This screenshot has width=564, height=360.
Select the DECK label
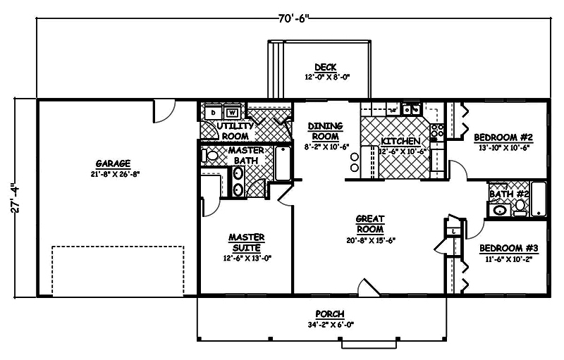tap(325, 67)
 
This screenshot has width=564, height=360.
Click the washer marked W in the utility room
tap(232, 112)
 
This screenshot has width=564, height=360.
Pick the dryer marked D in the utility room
tap(214, 112)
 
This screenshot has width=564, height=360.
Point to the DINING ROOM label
tap(325, 130)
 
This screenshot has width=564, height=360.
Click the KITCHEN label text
tap(400, 141)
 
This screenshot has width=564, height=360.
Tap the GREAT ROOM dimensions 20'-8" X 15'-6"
tap(370, 240)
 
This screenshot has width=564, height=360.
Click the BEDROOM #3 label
tap(508, 248)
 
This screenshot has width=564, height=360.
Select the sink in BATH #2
tap(500, 209)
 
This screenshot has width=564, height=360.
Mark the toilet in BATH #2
tap(520, 206)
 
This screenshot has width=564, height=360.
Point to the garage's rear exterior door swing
tap(164, 108)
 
